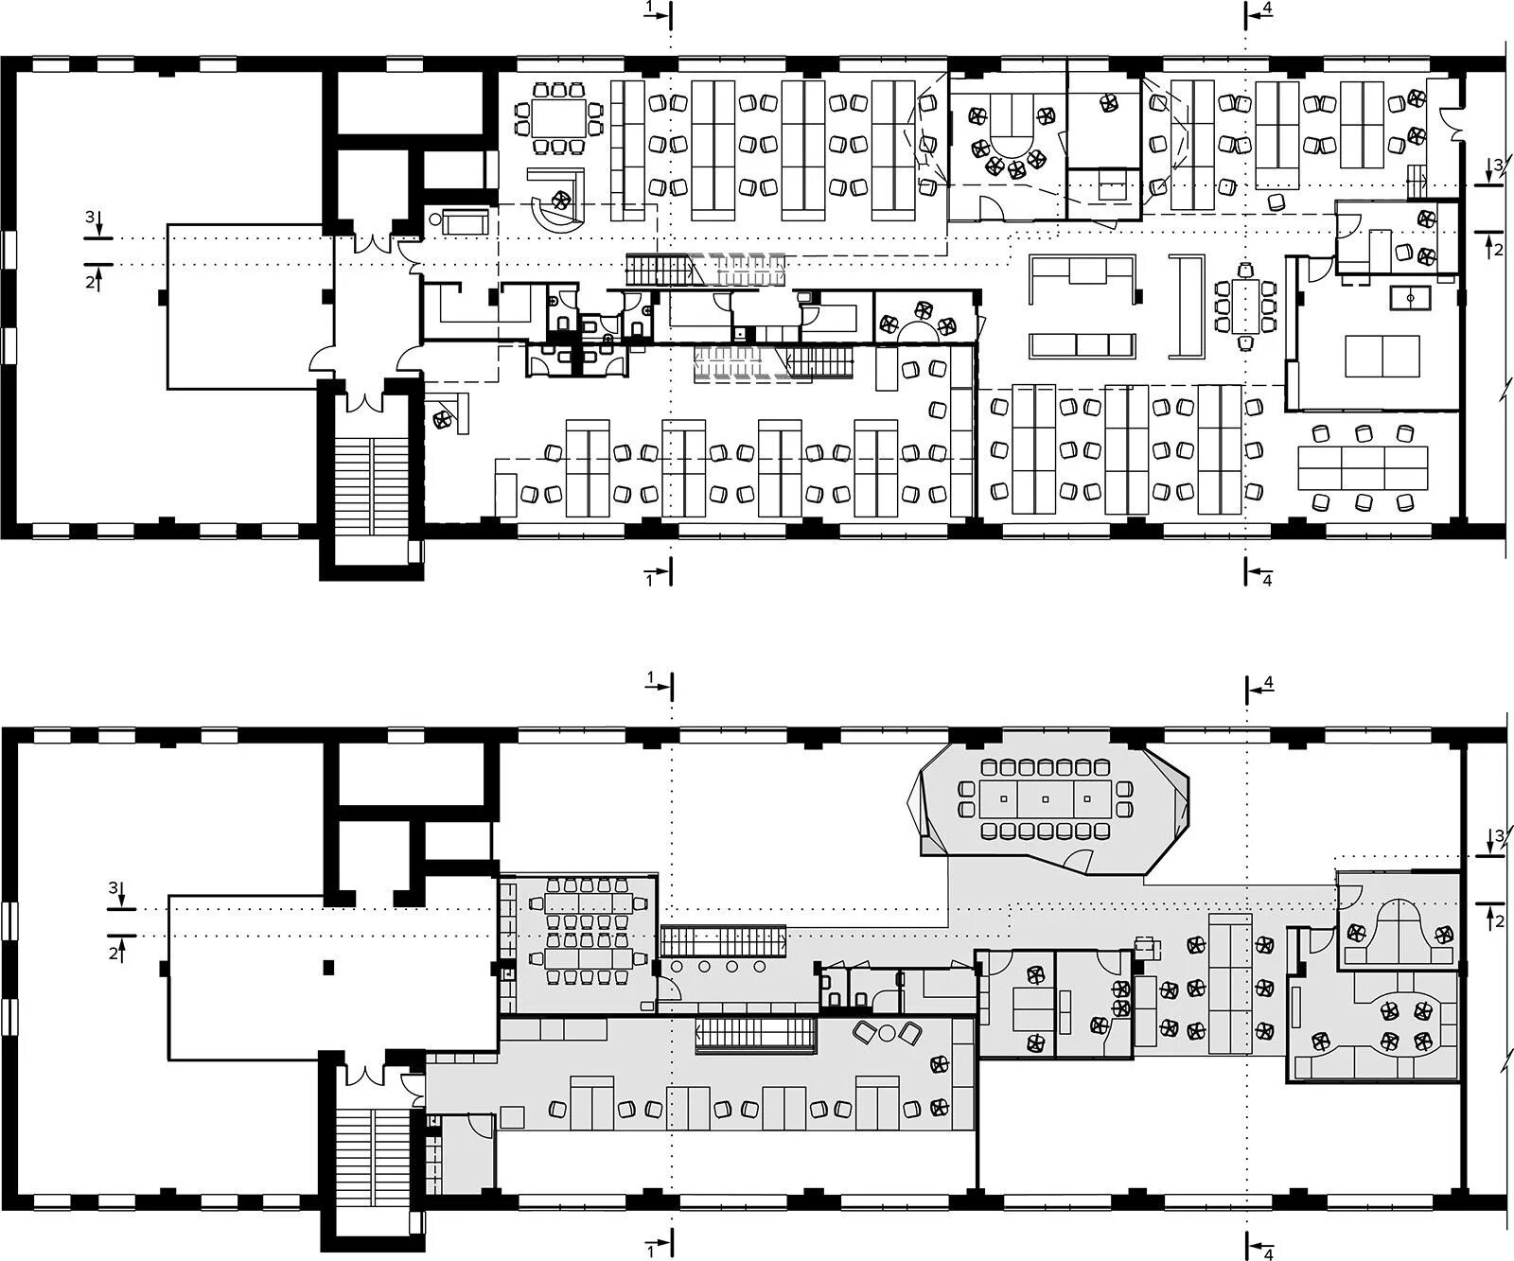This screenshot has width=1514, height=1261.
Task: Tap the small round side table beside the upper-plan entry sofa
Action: [x=434, y=219]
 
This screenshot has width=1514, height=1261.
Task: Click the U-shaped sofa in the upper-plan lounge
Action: [x=1083, y=277]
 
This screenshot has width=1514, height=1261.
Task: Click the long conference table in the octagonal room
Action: [x=1045, y=798]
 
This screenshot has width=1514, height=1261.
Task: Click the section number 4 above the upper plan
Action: [x=1267, y=9]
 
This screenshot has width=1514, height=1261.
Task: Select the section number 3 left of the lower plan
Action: [x=113, y=888]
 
